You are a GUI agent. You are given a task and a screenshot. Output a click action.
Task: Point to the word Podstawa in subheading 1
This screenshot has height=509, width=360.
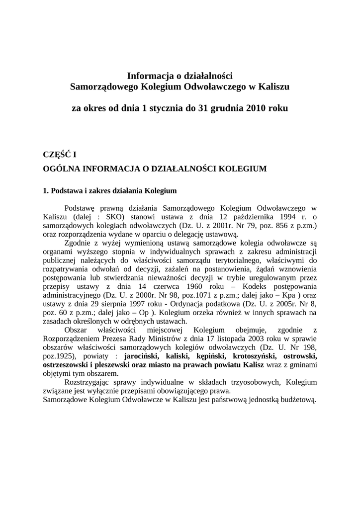(x=68, y=190)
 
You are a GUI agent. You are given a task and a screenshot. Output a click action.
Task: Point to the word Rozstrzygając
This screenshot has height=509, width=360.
(x=88, y=382)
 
